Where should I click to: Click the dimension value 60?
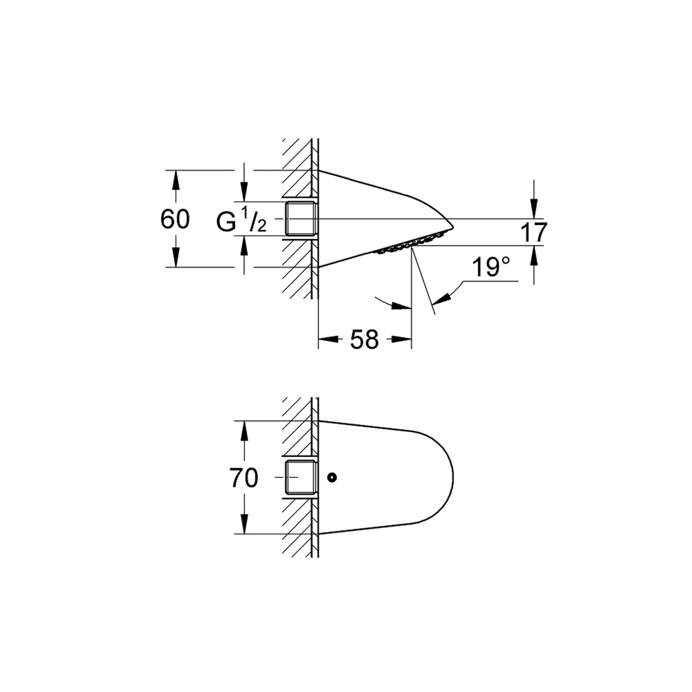[x=175, y=219]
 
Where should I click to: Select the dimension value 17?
[x=534, y=232]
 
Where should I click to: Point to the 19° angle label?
[x=491, y=267]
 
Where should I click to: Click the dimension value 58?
[x=364, y=339]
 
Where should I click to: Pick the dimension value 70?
[x=245, y=478]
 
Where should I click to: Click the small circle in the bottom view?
[x=332, y=477]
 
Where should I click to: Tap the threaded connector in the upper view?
[x=301, y=219]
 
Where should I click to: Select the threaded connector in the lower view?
[x=301, y=477]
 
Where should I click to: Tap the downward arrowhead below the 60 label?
[x=175, y=257]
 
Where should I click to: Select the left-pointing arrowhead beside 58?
[x=329, y=339]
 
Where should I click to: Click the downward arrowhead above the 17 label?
[x=534, y=209]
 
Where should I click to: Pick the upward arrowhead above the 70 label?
[x=244, y=431]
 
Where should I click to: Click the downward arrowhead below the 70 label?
[x=244, y=524]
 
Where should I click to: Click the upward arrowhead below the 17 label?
[x=534, y=255]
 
